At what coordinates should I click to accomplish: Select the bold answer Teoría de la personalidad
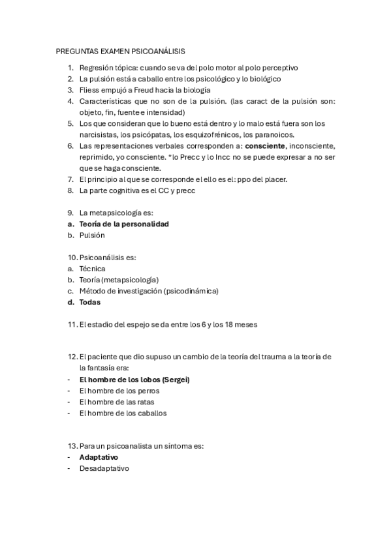[124, 224]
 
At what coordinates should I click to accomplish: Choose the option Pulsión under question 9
[92, 235]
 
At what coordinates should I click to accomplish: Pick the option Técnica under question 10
[92, 268]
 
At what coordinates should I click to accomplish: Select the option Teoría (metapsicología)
[119, 279]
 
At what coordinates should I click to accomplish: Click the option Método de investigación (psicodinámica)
[149, 291]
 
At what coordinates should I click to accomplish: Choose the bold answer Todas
[90, 302]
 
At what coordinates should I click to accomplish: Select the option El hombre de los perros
[119, 391]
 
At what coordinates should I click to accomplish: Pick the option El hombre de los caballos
[123, 413]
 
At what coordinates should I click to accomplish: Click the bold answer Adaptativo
[99, 457]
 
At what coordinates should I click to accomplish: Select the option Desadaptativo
[104, 468]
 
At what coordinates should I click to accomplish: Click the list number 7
[70, 179]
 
